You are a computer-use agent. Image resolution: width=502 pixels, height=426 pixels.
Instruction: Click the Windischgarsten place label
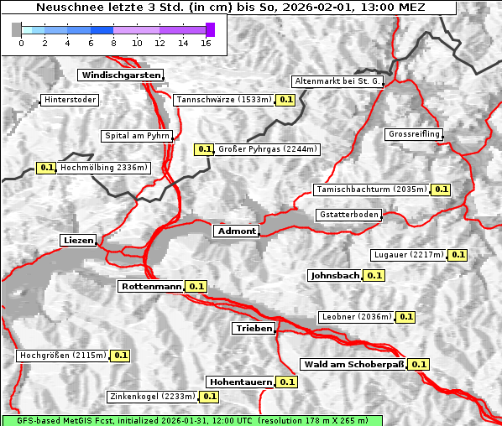(120, 75)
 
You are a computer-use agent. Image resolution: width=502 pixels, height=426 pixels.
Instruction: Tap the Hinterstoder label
(70, 101)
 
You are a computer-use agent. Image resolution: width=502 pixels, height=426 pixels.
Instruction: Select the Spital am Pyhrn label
(137, 136)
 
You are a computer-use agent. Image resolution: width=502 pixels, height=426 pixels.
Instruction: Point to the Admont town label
(236, 231)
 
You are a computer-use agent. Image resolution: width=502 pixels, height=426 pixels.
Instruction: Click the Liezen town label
(79, 241)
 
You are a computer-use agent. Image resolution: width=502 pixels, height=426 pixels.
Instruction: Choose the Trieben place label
(254, 329)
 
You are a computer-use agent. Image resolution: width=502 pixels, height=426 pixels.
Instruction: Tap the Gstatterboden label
(348, 216)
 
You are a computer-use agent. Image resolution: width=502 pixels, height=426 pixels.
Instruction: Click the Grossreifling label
(414, 135)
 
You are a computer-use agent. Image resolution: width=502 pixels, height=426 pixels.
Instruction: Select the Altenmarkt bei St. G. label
(337, 81)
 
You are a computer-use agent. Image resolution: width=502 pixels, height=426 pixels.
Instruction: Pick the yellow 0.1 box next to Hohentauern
(287, 382)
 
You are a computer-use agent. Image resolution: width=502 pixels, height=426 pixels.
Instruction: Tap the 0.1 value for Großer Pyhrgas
(204, 150)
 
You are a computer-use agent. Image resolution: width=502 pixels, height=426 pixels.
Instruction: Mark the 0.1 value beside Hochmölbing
(47, 168)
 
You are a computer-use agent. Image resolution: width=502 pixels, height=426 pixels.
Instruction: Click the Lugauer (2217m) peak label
(408, 255)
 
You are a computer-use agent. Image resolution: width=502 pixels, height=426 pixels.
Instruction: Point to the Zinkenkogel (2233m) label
(152, 397)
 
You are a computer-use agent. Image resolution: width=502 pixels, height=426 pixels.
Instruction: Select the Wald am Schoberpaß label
(353, 365)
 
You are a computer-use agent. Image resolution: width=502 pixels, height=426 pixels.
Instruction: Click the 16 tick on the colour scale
(206, 43)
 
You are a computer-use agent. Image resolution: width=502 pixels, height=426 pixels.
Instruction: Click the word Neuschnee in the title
(64, 7)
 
